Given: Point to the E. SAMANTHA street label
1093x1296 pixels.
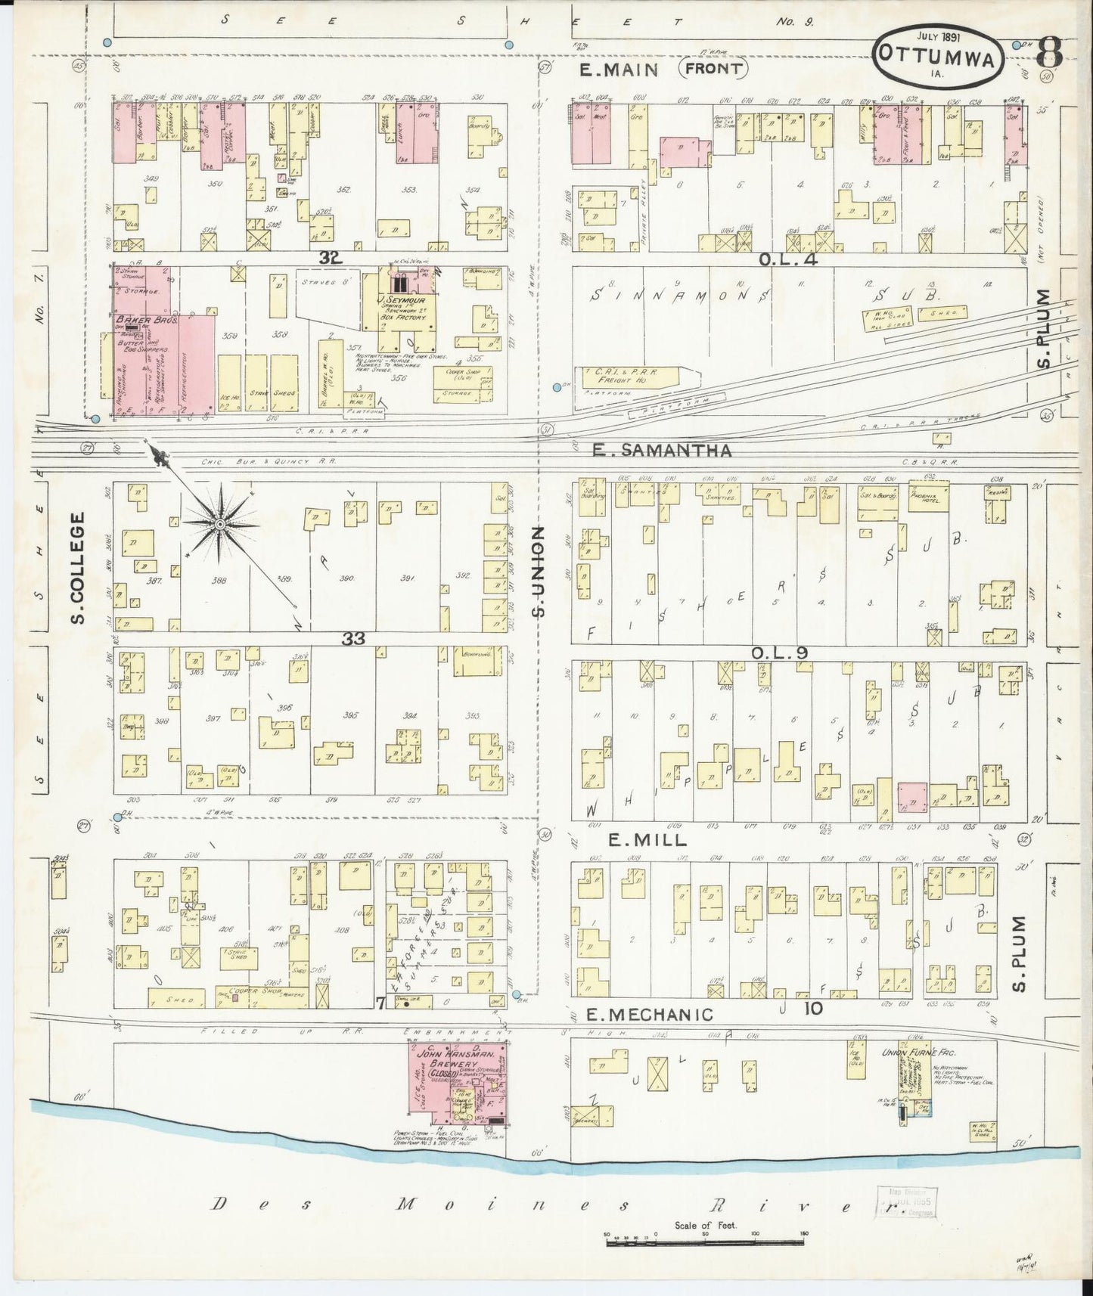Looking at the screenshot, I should (661, 451).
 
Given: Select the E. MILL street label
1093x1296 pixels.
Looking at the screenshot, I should (638, 839).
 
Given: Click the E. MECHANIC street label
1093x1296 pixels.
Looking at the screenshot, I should (650, 1014).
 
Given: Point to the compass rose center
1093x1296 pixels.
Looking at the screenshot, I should (219, 524).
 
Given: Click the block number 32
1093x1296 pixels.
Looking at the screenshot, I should (330, 259).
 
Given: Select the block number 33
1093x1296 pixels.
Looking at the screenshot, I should (352, 639).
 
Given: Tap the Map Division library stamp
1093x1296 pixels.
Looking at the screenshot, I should (905, 1201).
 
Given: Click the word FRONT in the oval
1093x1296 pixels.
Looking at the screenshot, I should (714, 70).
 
